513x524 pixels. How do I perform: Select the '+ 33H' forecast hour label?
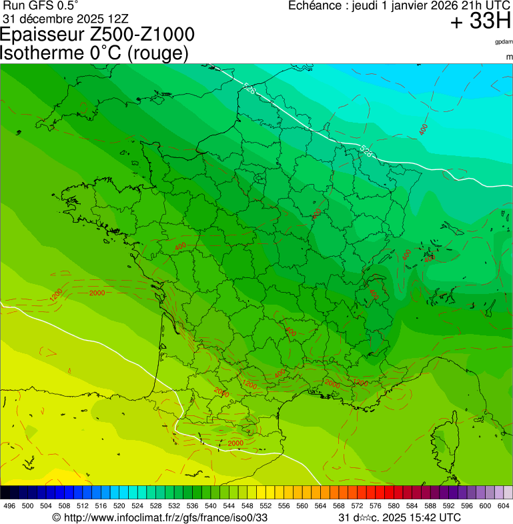(x=480, y=22)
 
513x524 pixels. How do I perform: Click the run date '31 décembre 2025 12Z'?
(x=70, y=18)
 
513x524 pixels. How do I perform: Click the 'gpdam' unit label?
(x=504, y=42)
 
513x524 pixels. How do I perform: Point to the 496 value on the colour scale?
(x=9, y=506)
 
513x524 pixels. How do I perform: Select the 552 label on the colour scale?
(x=264, y=506)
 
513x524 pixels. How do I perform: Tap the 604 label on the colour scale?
(x=504, y=506)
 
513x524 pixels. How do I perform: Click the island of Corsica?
(x=442, y=439)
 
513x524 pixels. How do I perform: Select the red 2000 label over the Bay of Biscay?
(x=97, y=293)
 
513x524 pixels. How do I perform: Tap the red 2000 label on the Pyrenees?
(x=235, y=443)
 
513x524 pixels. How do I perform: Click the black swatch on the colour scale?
(x=5, y=493)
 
